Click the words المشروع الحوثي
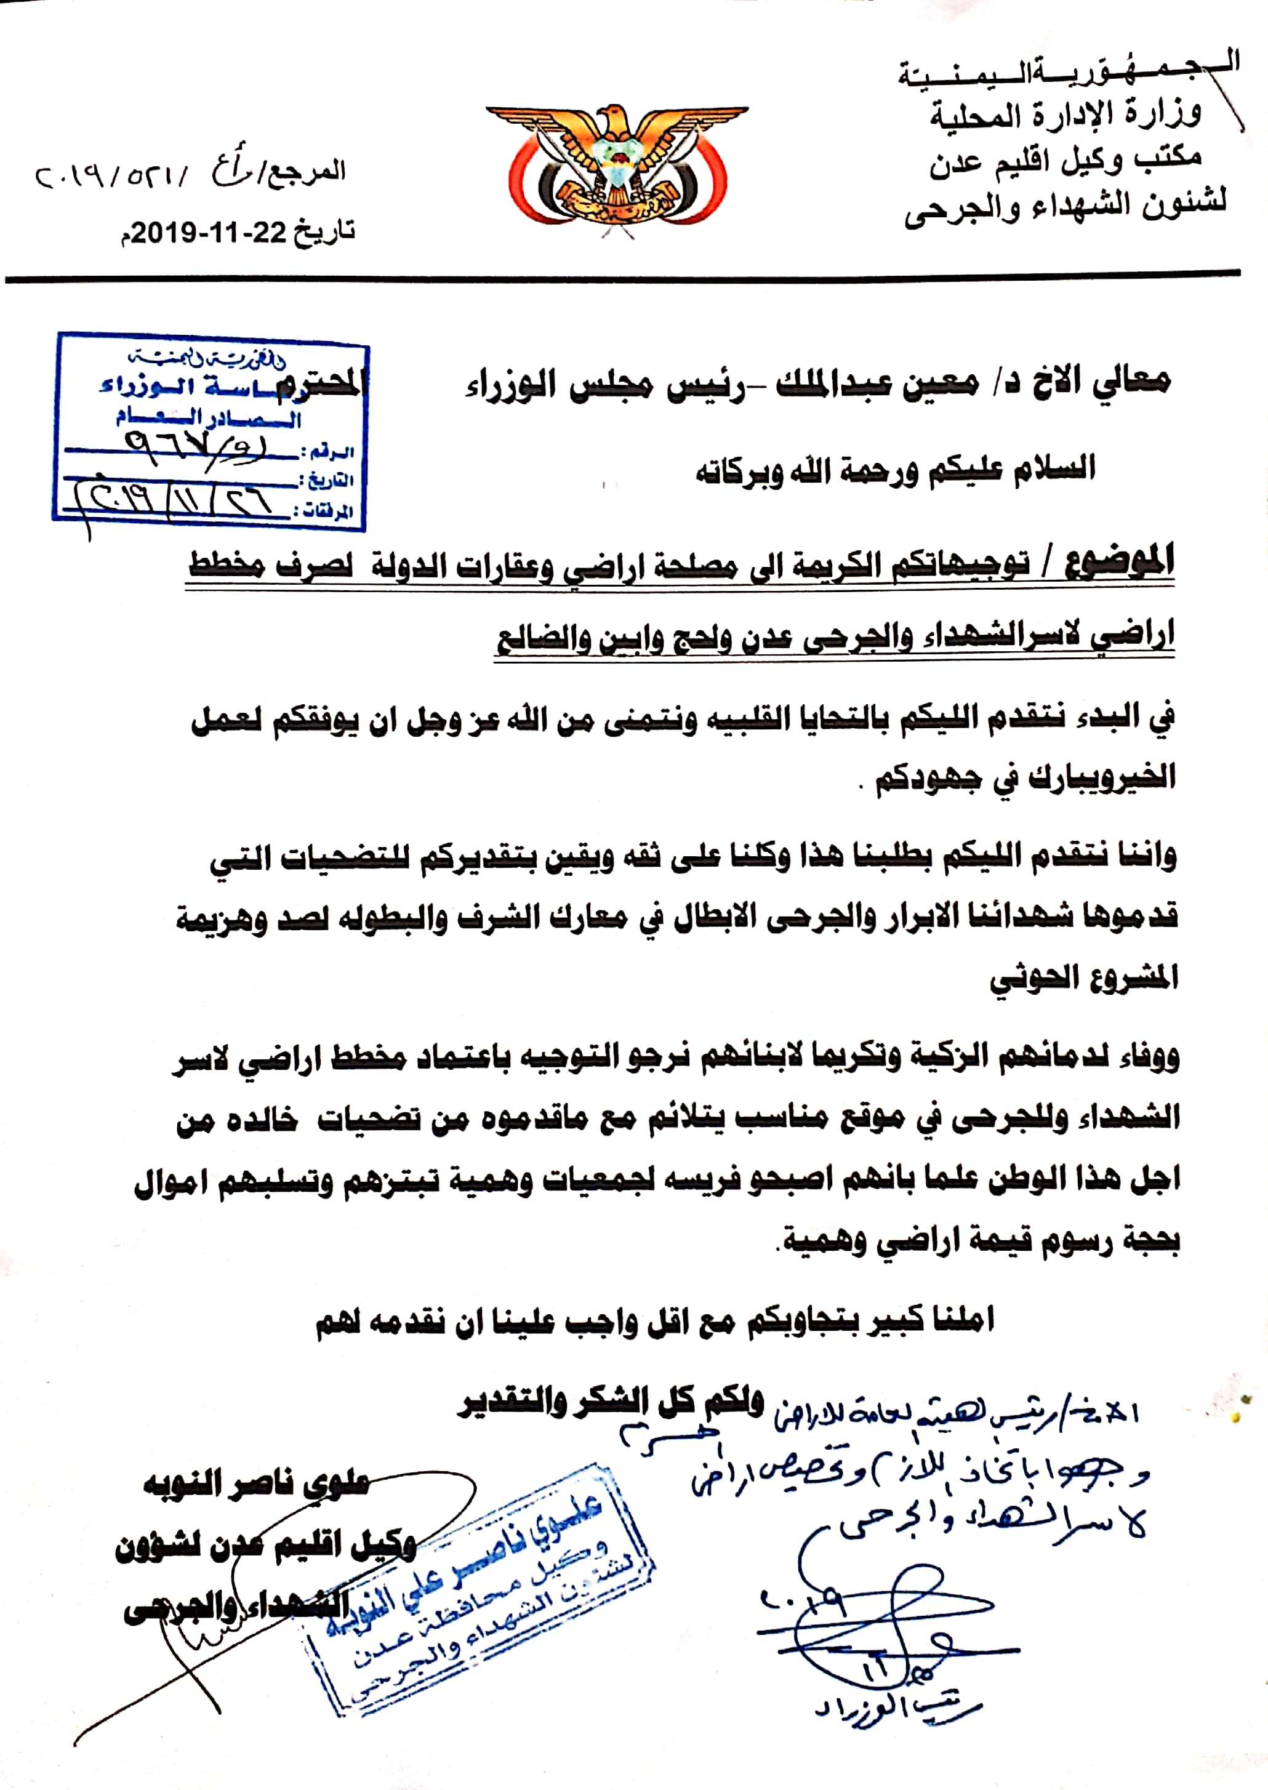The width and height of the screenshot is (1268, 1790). coord(1085,978)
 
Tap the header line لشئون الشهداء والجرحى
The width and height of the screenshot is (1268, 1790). coord(1065,204)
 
